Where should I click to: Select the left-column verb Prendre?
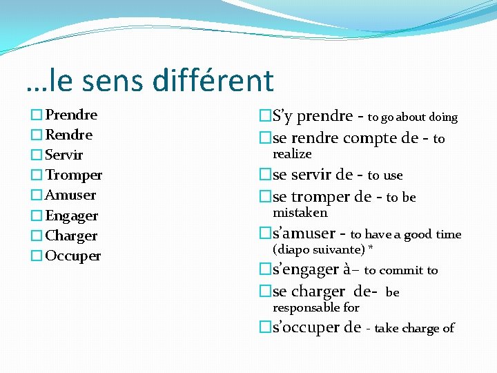(x=71, y=115)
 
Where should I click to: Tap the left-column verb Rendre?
(x=68, y=135)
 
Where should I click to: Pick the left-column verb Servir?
(x=64, y=155)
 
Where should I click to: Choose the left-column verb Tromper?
(x=73, y=175)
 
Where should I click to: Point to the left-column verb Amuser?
(x=70, y=195)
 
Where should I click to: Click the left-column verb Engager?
(x=72, y=216)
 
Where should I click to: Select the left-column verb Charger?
(x=71, y=236)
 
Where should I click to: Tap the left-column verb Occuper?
(x=73, y=256)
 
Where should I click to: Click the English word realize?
(x=292, y=154)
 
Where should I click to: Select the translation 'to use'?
(x=384, y=175)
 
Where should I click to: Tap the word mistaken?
(x=300, y=213)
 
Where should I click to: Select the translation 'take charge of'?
(x=414, y=328)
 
